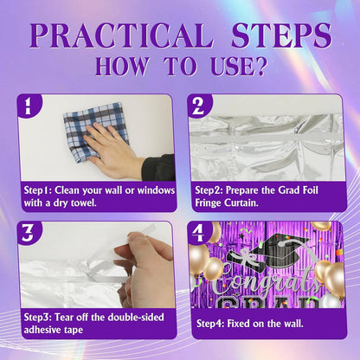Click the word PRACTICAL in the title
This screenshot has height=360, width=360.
tap(121, 35)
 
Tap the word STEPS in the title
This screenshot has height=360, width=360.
tap(281, 35)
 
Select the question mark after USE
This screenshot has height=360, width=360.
tap(259, 67)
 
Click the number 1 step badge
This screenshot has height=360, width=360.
tap(28, 106)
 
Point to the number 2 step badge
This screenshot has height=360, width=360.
tap(198, 106)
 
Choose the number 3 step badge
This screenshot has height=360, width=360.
tap(28, 233)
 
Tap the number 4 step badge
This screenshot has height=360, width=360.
tap(198, 233)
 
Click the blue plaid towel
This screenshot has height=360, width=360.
tap(93, 130)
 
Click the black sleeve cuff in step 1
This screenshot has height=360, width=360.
tap(158, 167)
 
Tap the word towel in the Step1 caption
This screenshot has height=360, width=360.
tap(83, 202)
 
